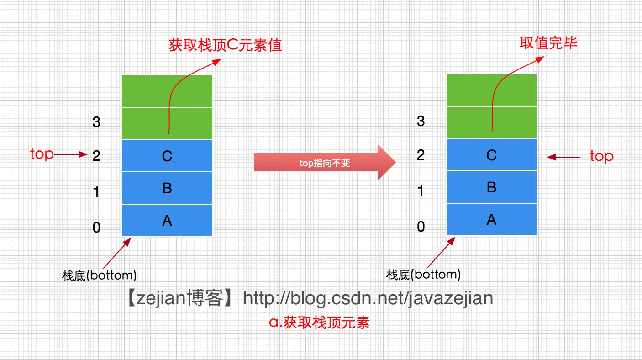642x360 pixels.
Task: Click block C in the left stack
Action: [167, 156]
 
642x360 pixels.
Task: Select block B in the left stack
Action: [167, 188]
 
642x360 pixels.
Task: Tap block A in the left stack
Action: [167, 220]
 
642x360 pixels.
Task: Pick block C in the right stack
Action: [491, 155]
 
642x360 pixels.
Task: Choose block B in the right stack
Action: [491, 187]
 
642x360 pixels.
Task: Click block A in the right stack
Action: [491, 219]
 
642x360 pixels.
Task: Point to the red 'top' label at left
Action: [42, 154]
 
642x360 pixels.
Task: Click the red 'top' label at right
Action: [601, 156]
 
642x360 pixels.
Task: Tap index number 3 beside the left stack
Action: [96, 122]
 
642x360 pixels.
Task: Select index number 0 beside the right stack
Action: [421, 226]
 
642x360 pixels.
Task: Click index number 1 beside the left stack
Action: [96, 192]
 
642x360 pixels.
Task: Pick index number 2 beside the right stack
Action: [421, 155]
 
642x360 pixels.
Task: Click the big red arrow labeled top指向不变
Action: [324, 163]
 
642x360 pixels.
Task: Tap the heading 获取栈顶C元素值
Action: [226, 45]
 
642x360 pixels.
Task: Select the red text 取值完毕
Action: [548, 43]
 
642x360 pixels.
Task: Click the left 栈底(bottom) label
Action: [99, 275]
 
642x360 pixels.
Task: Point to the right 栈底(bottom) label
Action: [423, 275]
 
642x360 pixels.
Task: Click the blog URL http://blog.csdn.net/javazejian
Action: [368, 298]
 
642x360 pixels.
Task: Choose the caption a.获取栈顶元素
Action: [320, 322]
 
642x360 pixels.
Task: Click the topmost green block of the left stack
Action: [167, 91]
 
